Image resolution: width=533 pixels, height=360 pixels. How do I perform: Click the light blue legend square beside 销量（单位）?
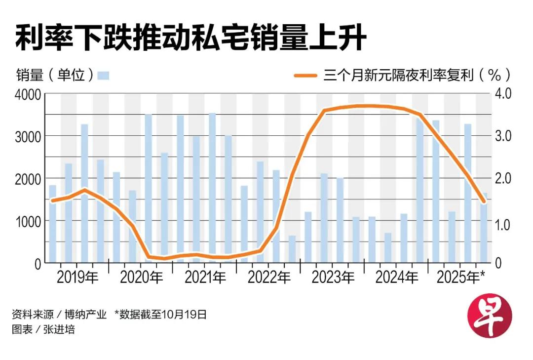coord(103,76)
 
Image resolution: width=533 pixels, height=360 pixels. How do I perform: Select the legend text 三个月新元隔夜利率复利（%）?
coord(417,75)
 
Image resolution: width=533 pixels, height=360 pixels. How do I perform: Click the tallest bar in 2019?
coord(84,193)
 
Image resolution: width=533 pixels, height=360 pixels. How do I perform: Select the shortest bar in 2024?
coord(388,247)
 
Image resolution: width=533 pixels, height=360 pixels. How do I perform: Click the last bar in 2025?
coord(484,227)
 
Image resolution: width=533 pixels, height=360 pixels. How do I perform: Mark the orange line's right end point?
coord(484,201)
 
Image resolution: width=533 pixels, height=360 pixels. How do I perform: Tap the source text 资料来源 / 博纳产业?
coord(59,315)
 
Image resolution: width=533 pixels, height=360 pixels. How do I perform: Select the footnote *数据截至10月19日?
coord(160,315)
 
